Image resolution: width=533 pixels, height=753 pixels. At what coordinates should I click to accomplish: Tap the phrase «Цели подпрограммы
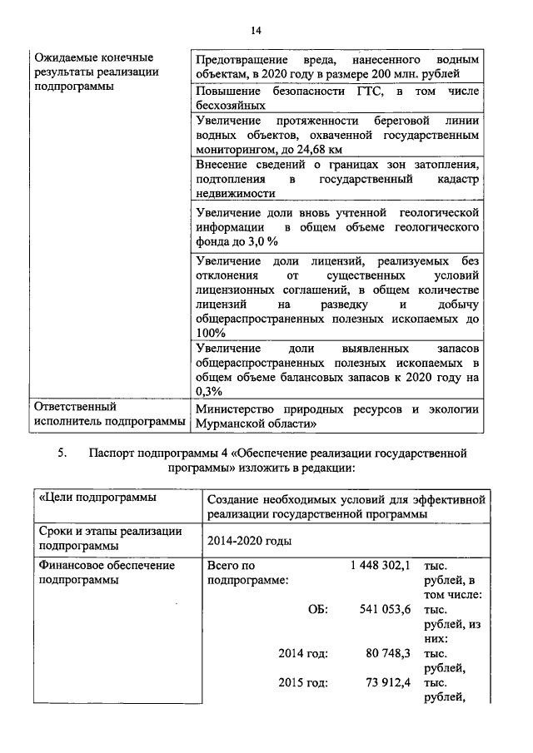pyautogui.click(x=86, y=498)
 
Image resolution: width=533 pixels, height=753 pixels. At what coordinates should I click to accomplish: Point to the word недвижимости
pyautogui.click(x=235, y=193)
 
